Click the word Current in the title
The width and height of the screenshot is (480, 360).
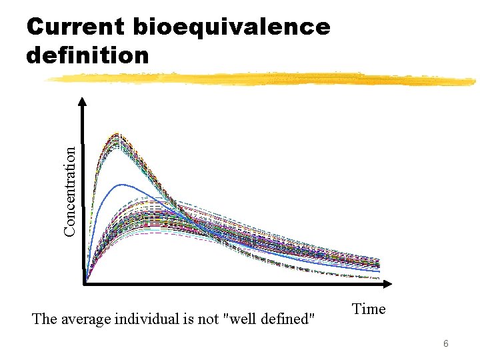click(x=74, y=27)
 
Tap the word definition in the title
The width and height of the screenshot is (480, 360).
click(x=87, y=55)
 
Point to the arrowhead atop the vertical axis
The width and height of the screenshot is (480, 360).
click(x=83, y=103)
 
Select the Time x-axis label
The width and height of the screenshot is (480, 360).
click(x=369, y=309)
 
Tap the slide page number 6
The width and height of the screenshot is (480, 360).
click(x=446, y=343)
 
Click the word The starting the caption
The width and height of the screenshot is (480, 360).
click(x=45, y=319)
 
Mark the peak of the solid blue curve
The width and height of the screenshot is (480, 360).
click(x=121, y=184)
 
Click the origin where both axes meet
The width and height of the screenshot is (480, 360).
click(x=85, y=285)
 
